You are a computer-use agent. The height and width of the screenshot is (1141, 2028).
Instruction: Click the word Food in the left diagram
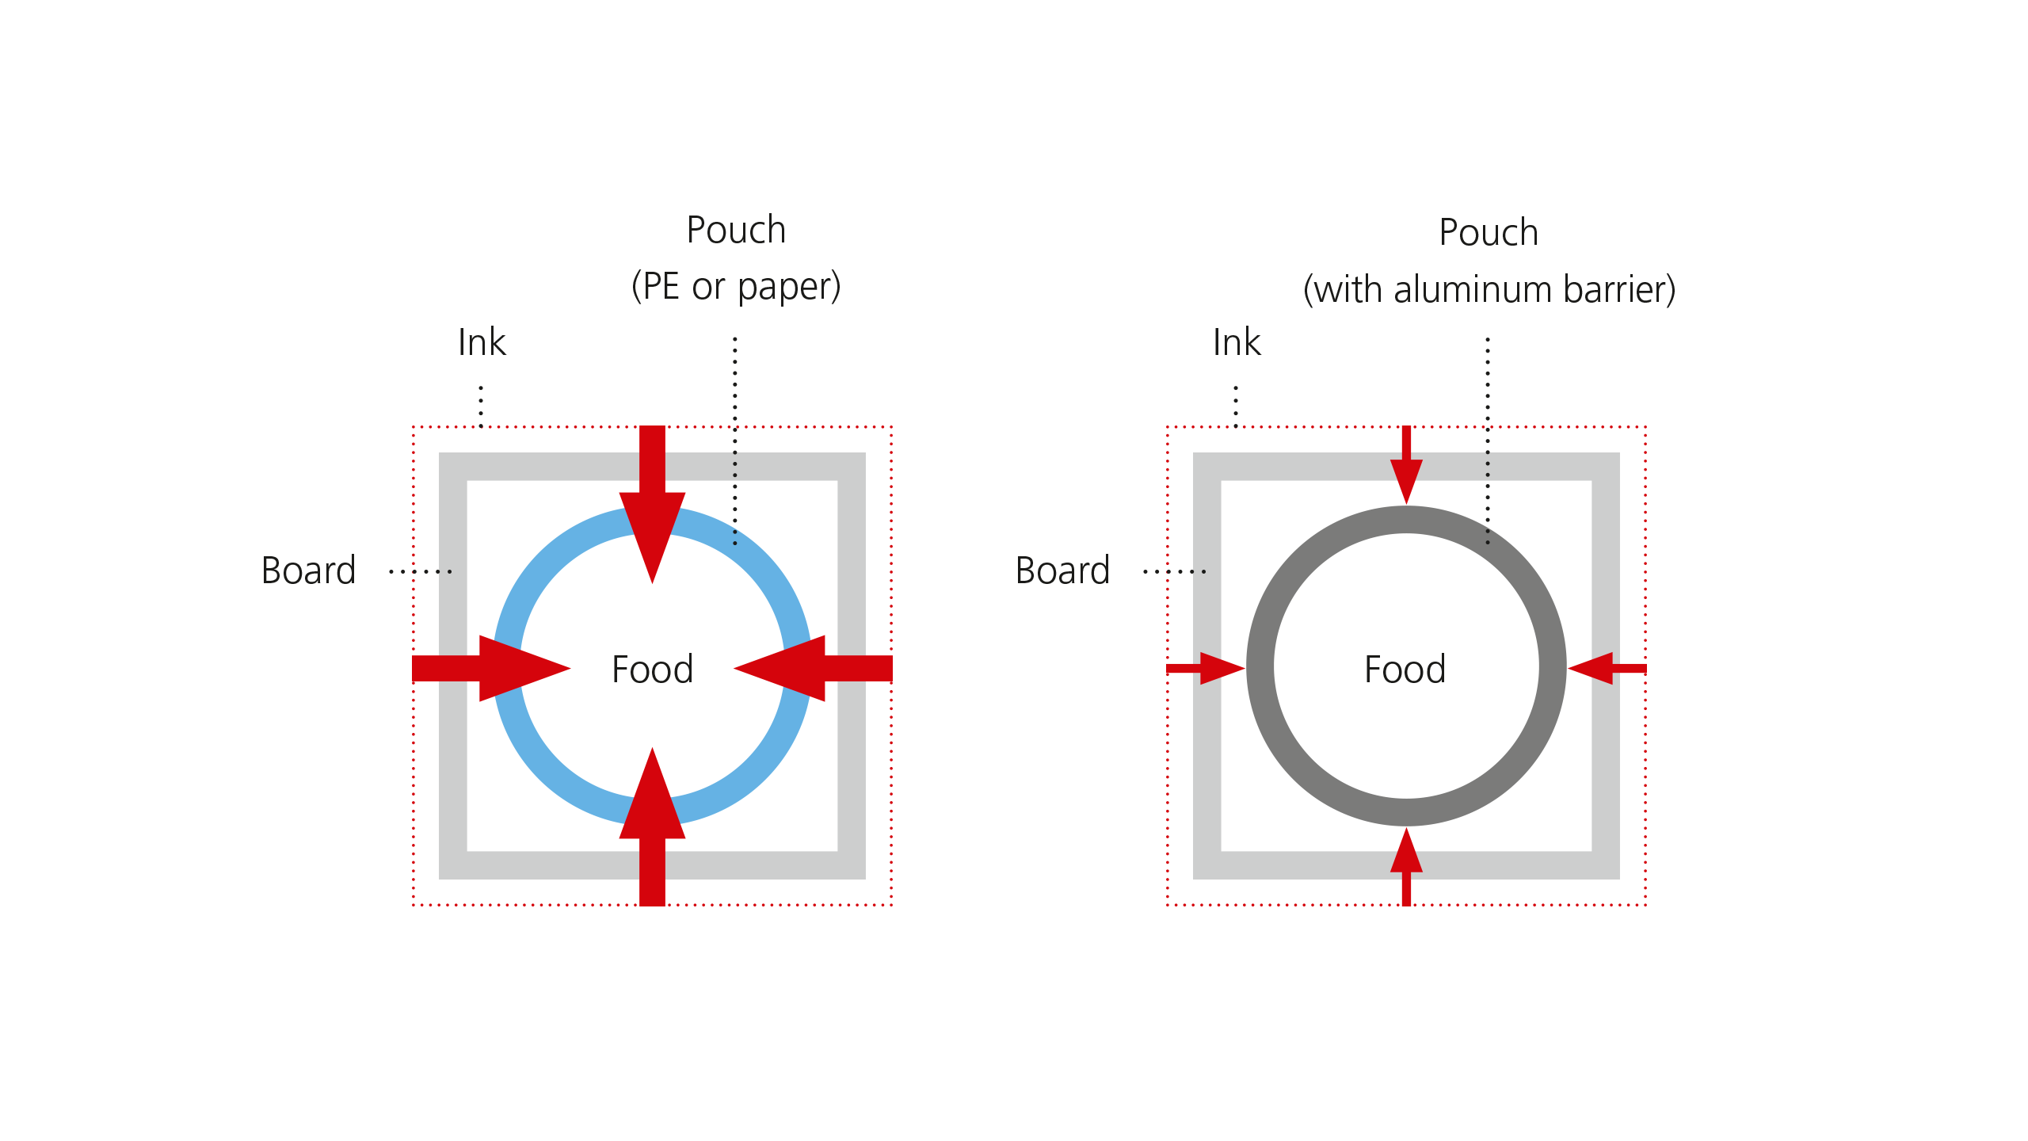click(x=652, y=670)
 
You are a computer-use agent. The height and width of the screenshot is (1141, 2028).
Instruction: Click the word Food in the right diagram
click(x=1405, y=670)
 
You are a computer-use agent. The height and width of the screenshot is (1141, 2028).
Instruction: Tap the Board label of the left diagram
click(x=309, y=570)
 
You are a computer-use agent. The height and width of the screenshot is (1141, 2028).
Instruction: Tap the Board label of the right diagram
click(x=1062, y=570)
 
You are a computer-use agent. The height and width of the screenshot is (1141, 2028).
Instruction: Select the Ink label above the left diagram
click(x=482, y=342)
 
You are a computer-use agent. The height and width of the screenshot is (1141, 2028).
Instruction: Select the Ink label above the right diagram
click(x=1237, y=342)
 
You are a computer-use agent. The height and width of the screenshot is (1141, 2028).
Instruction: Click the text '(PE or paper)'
click(x=736, y=286)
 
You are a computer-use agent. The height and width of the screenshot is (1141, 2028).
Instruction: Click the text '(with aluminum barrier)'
click(x=1489, y=289)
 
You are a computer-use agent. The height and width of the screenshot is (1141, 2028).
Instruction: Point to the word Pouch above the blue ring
click(x=736, y=231)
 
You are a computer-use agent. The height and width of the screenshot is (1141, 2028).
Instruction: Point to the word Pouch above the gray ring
click(x=1489, y=233)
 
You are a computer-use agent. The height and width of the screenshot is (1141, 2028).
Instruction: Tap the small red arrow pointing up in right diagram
click(x=1406, y=864)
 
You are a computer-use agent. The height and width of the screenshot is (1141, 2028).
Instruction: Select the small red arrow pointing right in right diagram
click(x=1208, y=668)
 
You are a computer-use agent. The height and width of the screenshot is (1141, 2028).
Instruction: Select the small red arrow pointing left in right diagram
click(x=1604, y=668)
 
